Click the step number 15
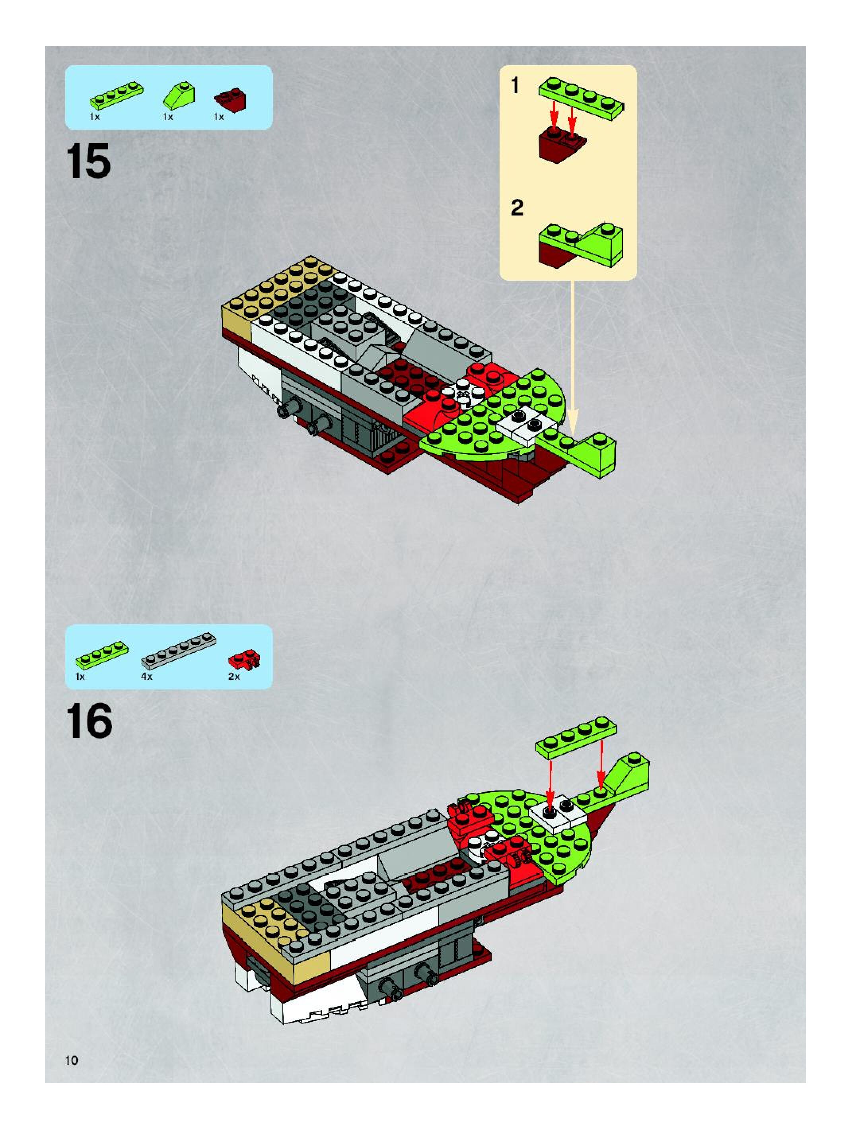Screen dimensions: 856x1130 [88, 161]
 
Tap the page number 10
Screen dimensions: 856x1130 [72, 1060]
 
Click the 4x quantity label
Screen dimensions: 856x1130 [147, 676]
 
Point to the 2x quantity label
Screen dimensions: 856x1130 [234, 676]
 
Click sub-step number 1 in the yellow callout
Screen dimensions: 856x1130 [516, 85]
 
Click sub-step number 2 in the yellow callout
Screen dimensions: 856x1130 [517, 208]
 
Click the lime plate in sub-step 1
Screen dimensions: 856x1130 [582, 97]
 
